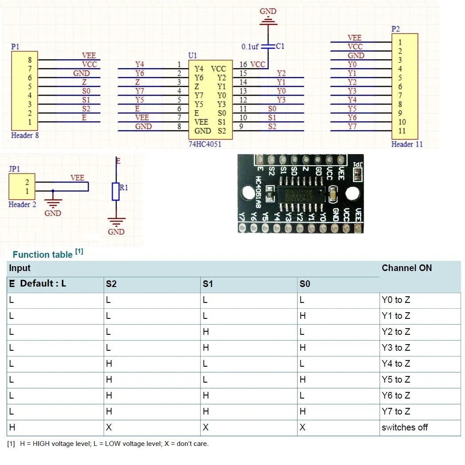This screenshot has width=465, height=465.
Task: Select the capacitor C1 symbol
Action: click(x=267, y=46)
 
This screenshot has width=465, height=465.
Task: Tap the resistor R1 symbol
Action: click(x=116, y=191)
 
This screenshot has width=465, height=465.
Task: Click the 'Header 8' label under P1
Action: click(x=25, y=135)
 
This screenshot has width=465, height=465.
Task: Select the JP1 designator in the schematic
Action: click(x=14, y=169)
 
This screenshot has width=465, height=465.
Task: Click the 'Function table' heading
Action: click(x=43, y=254)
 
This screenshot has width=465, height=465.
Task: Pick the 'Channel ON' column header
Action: click(x=407, y=268)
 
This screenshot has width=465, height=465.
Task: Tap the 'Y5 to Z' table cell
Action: click(x=396, y=380)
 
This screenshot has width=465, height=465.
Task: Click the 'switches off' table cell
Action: click(x=404, y=427)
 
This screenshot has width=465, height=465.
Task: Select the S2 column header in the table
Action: click(x=111, y=284)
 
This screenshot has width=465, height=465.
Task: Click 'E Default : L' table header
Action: click(x=38, y=283)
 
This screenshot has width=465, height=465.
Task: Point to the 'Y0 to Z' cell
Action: click(x=396, y=300)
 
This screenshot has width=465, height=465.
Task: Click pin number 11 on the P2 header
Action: click(x=402, y=131)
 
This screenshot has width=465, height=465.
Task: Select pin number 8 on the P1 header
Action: click(x=30, y=60)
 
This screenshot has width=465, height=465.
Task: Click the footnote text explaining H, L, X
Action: click(x=108, y=443)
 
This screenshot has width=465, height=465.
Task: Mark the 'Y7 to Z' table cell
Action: click(x=396, y=411)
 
